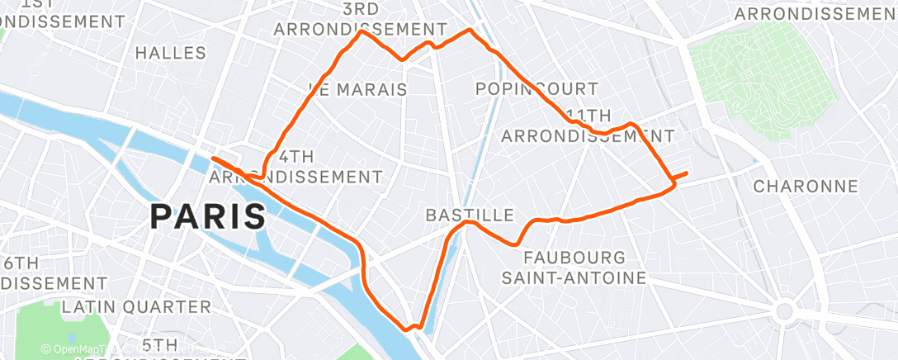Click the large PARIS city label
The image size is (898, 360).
pos(208,216)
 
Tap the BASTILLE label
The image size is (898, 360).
pos(469,215)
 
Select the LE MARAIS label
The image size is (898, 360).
pos(357,89)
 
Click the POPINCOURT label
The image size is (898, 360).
pos(536,88)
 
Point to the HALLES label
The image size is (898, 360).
pos(170,53)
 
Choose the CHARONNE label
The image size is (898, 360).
pos(806,186)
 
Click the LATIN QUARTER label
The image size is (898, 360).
pos(136,306)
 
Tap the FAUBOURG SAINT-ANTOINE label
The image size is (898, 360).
pos(574,268)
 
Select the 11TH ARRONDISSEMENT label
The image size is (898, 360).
pos(588,126)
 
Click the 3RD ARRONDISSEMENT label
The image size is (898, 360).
pos(360,19)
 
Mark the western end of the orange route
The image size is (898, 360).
pos(213,158)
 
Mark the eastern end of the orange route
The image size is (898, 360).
pos(687,173)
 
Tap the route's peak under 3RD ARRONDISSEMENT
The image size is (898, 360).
pos(361,33)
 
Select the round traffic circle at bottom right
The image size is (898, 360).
pos(784,312)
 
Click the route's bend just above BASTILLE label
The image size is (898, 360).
pos(467,222)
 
